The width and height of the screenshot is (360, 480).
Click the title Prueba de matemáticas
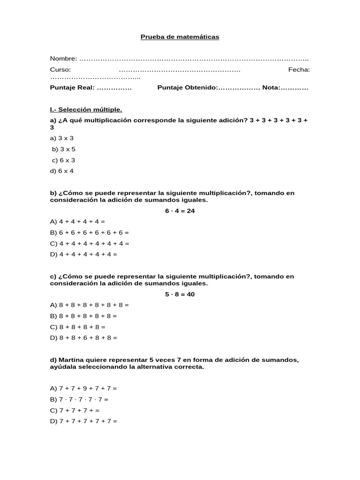(x=180, y=37)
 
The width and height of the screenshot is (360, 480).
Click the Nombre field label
(x=64, y=59)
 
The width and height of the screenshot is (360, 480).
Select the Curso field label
(x=60, y=70)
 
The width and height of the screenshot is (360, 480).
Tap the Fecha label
(x=299, y=70)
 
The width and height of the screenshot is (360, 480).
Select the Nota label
(x=271, y=88)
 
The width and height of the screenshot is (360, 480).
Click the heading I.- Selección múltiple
(x=86, y=110)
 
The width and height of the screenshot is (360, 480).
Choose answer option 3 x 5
(x=64, y=149)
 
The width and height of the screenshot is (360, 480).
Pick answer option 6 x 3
(x=64, y=160)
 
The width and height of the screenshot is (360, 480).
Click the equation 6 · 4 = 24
(x=180, y=211)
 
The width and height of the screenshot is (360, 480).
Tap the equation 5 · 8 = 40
(x=180, y=294)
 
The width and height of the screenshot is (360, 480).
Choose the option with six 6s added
(x=90, y=232)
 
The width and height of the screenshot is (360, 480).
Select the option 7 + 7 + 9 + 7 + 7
(x=83, y=389)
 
